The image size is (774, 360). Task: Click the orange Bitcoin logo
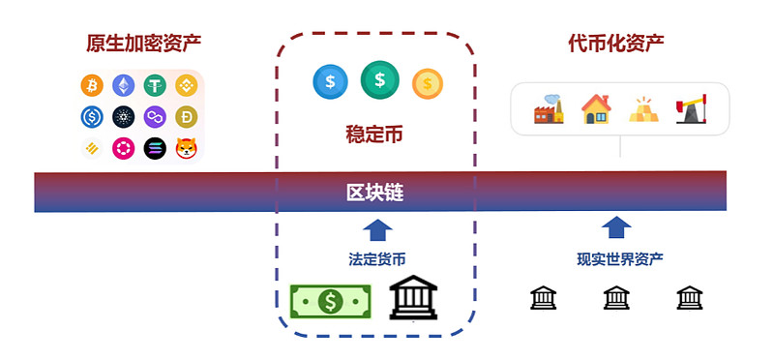[92, 86]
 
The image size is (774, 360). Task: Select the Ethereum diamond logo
[124, 86]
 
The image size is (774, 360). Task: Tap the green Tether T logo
[156, 86]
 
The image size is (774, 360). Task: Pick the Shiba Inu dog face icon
[186, 148]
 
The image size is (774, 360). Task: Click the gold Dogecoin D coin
[186, 117]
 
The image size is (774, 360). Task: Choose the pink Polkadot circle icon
[124, 148]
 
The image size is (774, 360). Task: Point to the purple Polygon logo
[156, 117]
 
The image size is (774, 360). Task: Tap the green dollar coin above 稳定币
[379, 79]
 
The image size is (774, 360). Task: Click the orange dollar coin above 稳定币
[428, 84]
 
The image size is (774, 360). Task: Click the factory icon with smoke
[549, 109]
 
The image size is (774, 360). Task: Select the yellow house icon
[596, 109]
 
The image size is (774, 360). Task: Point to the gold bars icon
[643, 110]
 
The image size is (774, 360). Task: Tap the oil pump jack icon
[691, 108]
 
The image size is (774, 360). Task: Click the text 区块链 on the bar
[375, 193]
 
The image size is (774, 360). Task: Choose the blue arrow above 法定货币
[376, 229]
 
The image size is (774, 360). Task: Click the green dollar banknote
[330, 302]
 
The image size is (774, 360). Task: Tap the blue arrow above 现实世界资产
[616, 227]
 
